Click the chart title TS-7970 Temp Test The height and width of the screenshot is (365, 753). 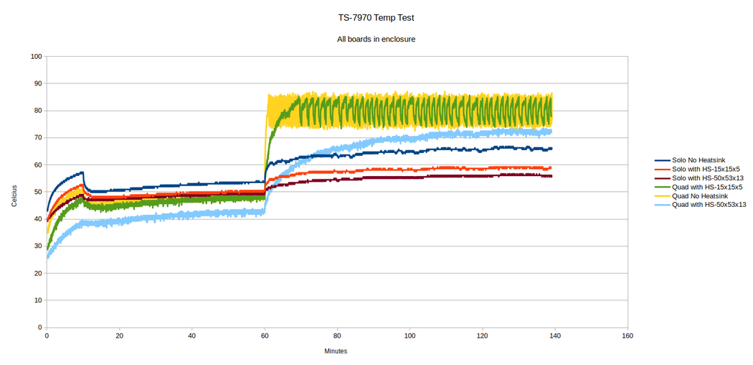[376, 16]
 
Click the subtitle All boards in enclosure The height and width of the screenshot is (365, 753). [376, 39]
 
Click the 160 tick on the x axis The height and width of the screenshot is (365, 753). [627, 336]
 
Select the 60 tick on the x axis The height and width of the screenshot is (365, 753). [265, 336]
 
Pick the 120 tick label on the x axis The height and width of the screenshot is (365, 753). [482, 336]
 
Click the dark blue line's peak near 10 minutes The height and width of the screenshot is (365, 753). [83, 172]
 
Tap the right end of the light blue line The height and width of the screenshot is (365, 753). [551, 131]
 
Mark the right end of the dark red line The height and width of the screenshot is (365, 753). [551, 176]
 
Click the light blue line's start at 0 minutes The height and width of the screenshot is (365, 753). [47, 257]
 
